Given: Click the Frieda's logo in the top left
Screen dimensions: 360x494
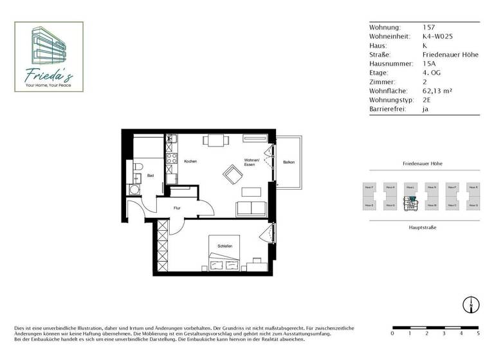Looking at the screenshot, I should [49, 57].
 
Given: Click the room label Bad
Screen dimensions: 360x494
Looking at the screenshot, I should [150, 175].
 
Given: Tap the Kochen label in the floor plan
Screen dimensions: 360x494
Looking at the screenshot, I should [190, 161].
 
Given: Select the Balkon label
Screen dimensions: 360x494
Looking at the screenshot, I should [289, 162].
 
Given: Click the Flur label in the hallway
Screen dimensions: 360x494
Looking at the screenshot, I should [177, 208].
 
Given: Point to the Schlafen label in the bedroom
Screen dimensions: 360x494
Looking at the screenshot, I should [224, 246].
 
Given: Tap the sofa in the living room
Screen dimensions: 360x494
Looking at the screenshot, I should [251, 208].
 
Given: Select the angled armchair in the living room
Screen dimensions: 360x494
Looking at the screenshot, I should [231, 174].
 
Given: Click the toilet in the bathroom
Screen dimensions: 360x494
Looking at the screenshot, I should [137, 169].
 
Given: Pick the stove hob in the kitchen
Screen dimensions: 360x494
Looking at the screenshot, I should [172, 157].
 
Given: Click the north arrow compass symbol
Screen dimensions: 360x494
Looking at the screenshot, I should [471, 304].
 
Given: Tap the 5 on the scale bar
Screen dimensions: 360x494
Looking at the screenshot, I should [477, 334].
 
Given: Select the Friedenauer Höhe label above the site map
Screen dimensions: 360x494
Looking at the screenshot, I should [422, 164].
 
